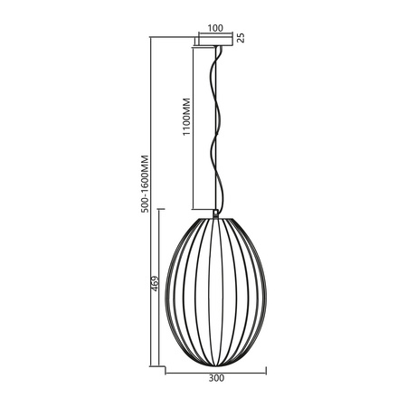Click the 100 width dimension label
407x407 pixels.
click(x=215, y=28)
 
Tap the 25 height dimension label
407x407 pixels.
click(x=241, y=38)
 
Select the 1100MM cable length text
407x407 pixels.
click(x=186, y=116)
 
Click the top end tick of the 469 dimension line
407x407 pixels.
click(x=161, y=209)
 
